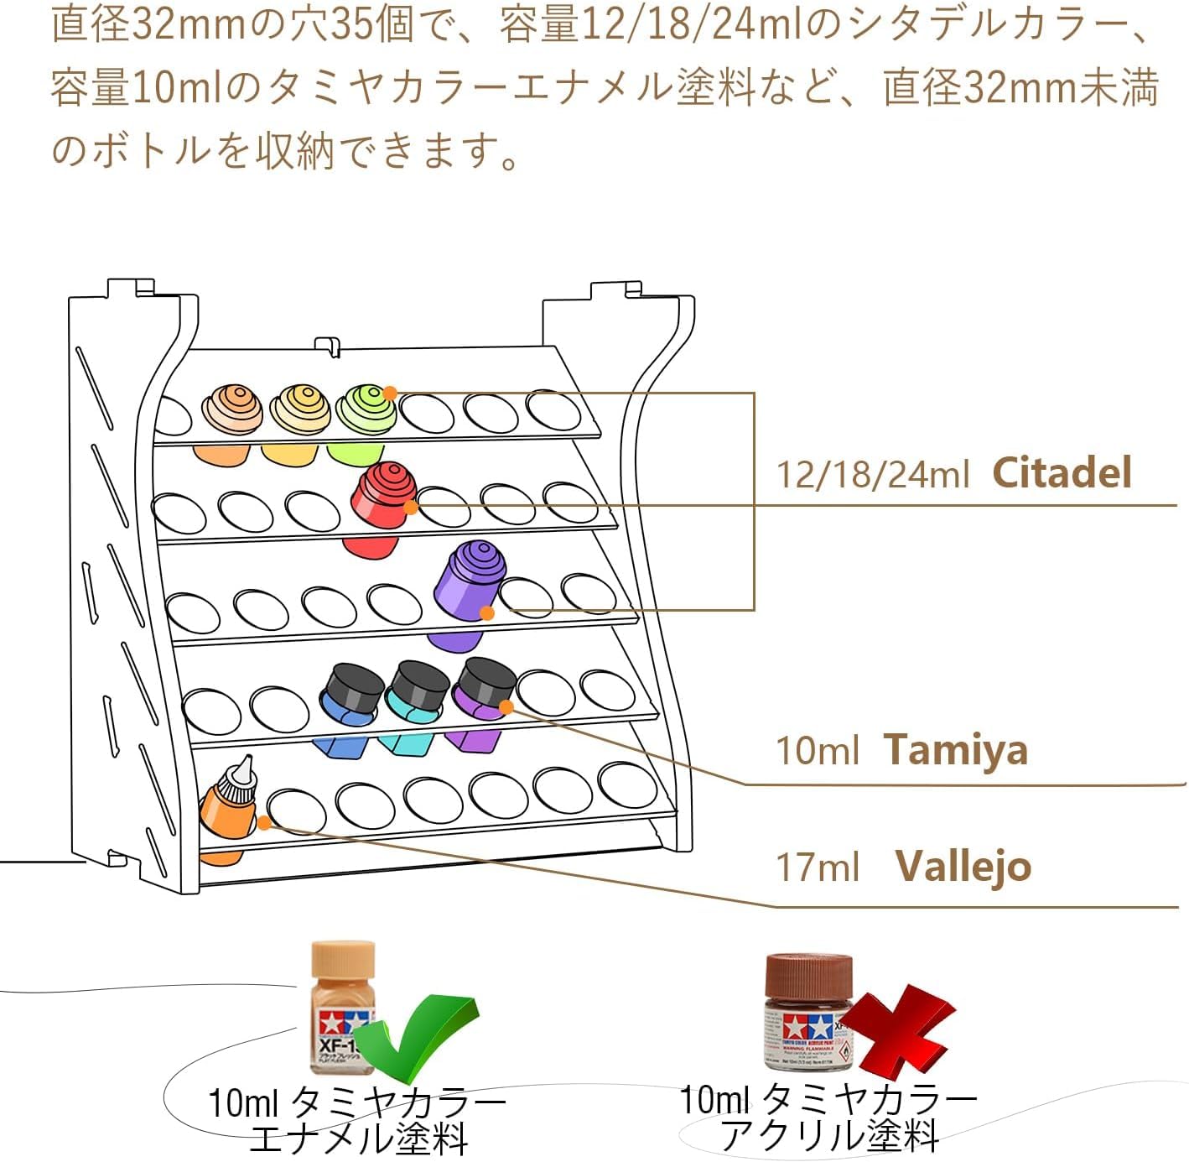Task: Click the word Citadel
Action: tap(1062, 472)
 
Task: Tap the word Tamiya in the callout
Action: tap(956, 749)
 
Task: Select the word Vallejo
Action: tap(963, 866)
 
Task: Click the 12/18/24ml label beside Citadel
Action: tap(872, 475)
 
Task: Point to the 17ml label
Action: tap(818, 867)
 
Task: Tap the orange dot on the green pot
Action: tap(390, 393)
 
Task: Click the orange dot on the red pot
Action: tap(411, 508)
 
